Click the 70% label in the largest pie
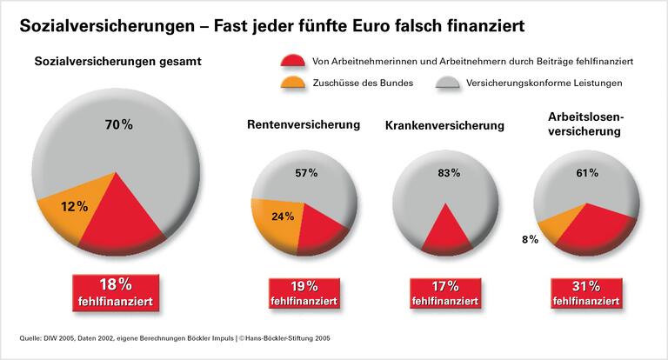pos(119,124)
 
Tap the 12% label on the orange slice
pos(75,206)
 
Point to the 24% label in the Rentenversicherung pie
pos(283,217)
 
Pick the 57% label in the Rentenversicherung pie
pos(306,173)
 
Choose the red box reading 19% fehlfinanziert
pos(304,293)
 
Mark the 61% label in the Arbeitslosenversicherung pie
pos(586,173)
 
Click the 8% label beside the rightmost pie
pos(529,238)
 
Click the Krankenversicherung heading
pos(444,126)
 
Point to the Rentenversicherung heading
pos(304,125)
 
